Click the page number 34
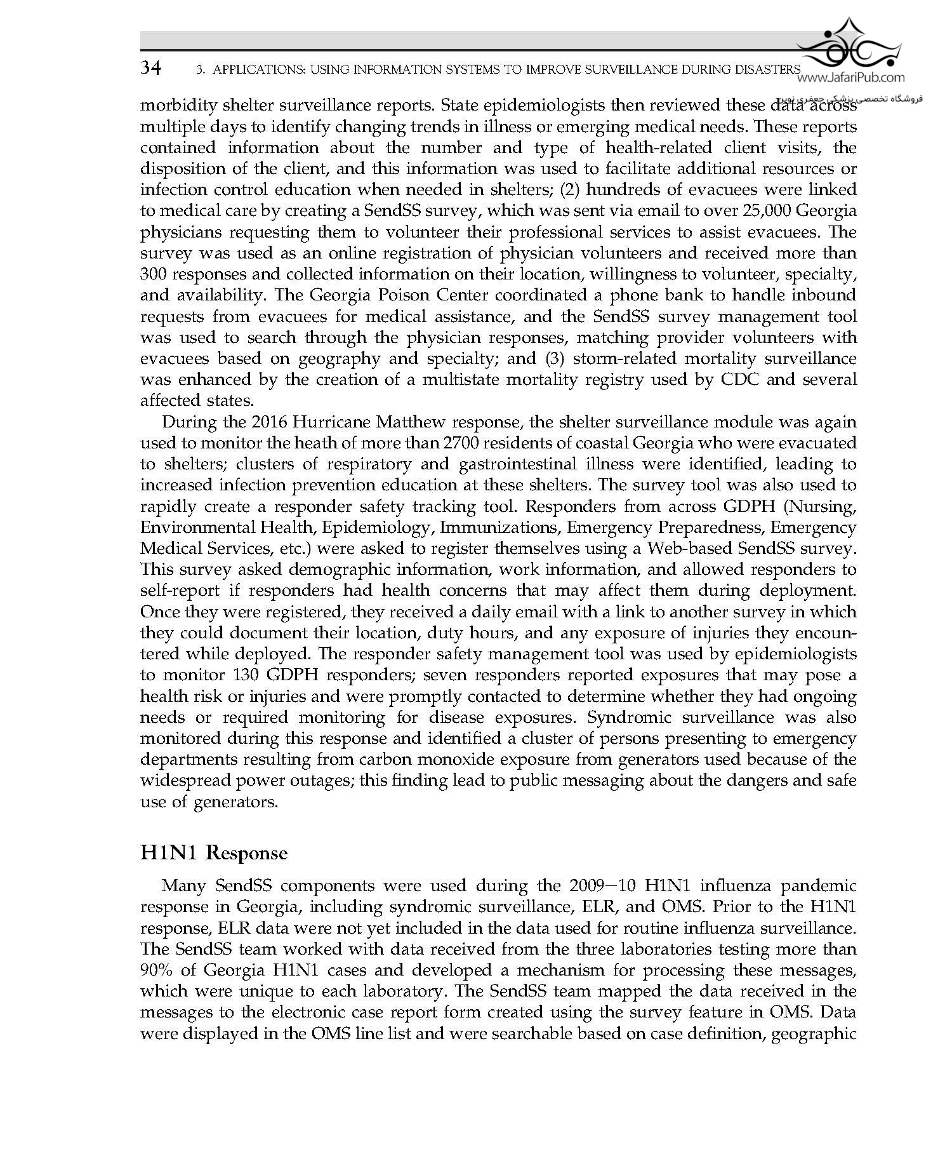point(151,68)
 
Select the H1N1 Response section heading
point(214,852)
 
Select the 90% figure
point(156,970)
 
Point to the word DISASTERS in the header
point(765,69)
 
